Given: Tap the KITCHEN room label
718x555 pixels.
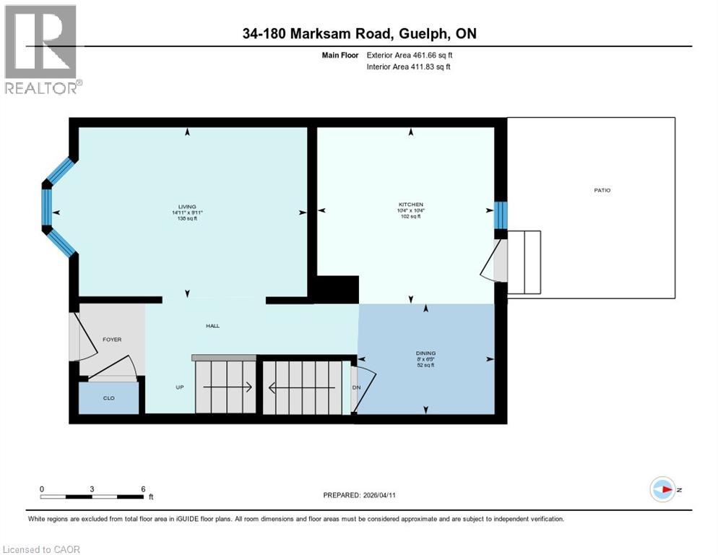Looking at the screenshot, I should pos(411,205).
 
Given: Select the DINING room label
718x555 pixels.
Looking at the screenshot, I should pos(425,353).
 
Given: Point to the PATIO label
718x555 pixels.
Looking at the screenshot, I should pos(602,190).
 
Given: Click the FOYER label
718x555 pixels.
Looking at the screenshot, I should pos(112,338).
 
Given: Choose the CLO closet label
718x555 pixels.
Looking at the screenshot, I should pos(109,397).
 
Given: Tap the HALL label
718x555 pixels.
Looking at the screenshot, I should pos(212,326).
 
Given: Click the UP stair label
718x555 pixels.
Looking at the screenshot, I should pos(181,387).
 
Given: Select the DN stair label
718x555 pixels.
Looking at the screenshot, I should pos(356,387).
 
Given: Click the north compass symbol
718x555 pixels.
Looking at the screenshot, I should pos(663,490).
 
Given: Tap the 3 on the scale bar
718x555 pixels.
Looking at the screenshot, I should pos(92,489).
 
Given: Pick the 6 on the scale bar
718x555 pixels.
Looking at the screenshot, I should pos(143,489).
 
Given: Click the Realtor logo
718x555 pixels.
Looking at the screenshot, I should pos(41,50).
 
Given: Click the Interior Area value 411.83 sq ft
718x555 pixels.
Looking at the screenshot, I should pos(426,67).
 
